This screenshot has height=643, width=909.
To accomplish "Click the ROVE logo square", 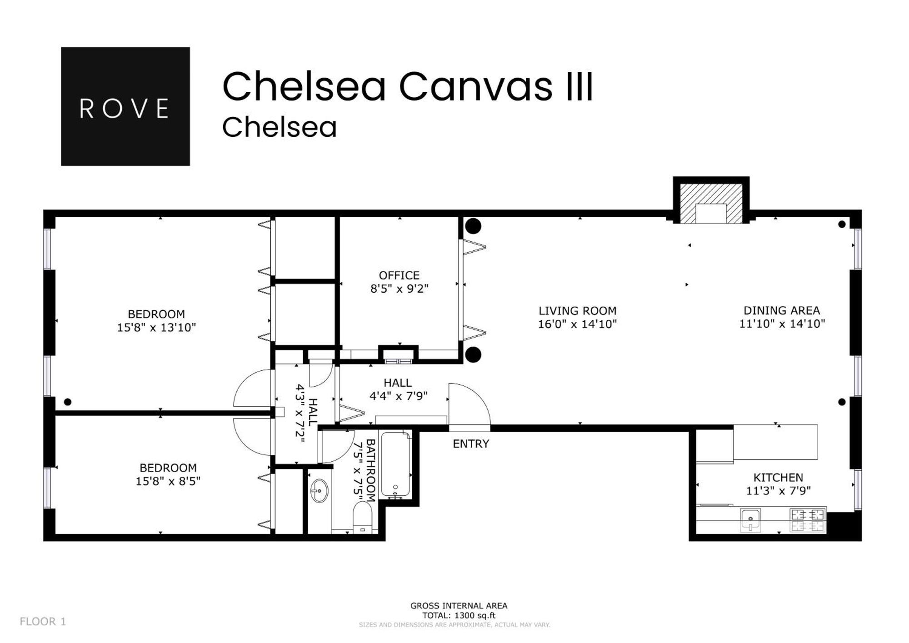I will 125,106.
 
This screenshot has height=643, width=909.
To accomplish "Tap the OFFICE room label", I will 399,275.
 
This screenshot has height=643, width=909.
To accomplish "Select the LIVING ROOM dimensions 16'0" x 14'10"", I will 577,324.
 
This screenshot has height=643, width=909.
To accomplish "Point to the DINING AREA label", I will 781,310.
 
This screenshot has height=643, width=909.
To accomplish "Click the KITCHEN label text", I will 778,478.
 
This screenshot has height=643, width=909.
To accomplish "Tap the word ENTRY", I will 471,444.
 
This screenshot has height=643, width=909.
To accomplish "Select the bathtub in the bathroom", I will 395,464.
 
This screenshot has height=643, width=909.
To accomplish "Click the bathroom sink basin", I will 319,491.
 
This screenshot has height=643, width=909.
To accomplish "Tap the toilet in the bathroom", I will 363,518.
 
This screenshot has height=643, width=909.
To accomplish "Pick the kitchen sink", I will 750,519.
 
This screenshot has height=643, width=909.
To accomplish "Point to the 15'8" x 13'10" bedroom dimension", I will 156,328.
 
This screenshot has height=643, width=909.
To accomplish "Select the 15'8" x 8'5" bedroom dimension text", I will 168,481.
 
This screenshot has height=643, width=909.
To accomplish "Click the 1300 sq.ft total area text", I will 459,616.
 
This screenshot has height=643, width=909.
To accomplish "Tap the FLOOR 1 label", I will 43,622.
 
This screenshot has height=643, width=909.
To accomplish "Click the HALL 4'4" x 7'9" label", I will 398,389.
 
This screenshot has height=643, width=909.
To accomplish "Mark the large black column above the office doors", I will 473,226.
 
